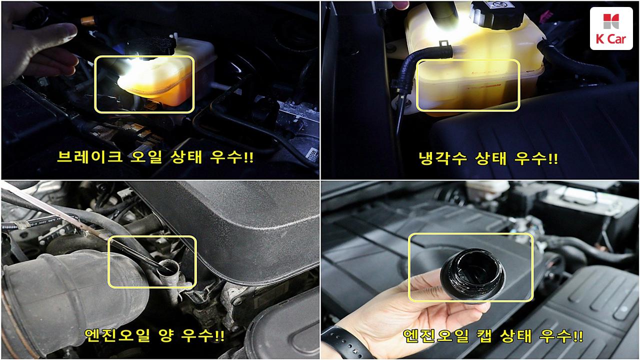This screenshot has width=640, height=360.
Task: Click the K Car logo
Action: (x=611, y=28)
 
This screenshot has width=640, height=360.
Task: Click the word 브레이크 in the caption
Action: (x=89, y=156)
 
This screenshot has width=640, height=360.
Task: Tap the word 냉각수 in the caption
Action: (x=443, y=158)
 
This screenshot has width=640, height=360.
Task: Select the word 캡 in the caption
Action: (x=484, y=336)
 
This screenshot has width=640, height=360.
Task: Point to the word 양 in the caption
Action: (x=165, y=335)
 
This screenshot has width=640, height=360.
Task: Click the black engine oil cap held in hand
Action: (x=473, y=274)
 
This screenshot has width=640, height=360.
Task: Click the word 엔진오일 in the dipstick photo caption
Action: (x=117, y=335)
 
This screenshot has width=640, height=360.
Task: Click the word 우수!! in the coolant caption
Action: (x=536, y=158)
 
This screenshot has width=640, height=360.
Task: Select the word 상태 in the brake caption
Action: (x=186, y=156)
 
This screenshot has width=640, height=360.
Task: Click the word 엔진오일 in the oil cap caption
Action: (x=436, y=336)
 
